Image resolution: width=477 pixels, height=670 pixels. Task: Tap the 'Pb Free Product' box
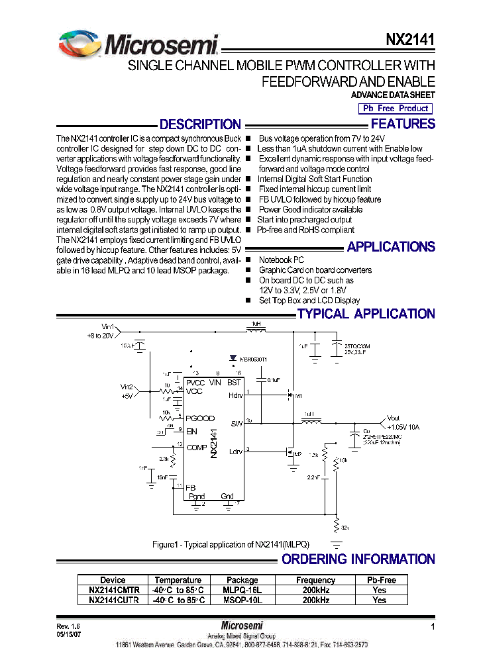[395, 108]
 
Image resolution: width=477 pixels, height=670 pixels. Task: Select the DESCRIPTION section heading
[200, 124]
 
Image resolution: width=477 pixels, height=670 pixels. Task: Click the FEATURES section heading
[403, 124]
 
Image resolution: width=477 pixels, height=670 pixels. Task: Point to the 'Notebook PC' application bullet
[282, 260]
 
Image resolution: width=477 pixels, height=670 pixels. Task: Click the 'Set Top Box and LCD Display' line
[309, 301]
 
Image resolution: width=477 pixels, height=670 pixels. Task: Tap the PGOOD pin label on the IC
[200, 418]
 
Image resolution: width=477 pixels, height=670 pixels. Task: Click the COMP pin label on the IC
[197, 448]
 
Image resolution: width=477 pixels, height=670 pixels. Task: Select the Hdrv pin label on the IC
[236, 395]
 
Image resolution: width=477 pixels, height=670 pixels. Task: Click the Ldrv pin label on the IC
[236, 452]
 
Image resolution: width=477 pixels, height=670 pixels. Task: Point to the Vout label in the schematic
[394, 418]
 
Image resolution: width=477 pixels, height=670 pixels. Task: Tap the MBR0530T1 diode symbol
[233, 358]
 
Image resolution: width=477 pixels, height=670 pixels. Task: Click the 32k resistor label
[344, 528]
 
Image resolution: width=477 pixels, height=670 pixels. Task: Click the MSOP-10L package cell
[242, 600]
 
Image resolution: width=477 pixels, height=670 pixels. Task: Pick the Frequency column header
[315, 580]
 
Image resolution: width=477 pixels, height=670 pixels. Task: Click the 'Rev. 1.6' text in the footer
[68, 626]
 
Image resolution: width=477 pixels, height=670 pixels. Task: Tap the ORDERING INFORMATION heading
[358, 559]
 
